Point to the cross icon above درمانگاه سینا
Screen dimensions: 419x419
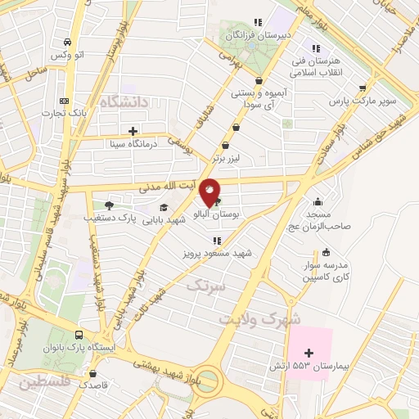pyautogui.click(x=133, y=131)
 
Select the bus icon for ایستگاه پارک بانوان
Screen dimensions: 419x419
pyautogui.click(x=79, y=335)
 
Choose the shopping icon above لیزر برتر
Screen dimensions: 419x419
pyautogui.click(x=237, y=127)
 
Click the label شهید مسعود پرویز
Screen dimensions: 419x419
pyautogui.click(x=218, y=254)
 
